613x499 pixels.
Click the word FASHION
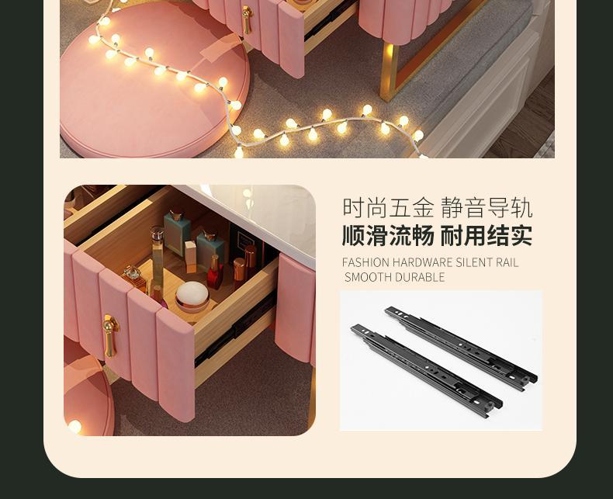[365, 262]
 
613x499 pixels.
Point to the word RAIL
[507, 262]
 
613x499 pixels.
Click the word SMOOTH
[368, 277]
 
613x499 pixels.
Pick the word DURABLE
[420, 277]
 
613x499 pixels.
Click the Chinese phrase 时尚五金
[388, 208]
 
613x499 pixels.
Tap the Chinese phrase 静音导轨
[487, 208]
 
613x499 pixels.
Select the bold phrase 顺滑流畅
[388, 236]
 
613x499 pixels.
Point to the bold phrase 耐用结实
[487, 236]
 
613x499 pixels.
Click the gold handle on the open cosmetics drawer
[110, 335]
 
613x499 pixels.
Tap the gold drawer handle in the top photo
[247, 19]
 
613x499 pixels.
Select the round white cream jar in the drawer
[192, 296]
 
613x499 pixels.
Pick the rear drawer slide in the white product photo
[461, 348]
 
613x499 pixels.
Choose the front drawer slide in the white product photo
[427, 370]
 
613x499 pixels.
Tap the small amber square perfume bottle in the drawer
[135, 278]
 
